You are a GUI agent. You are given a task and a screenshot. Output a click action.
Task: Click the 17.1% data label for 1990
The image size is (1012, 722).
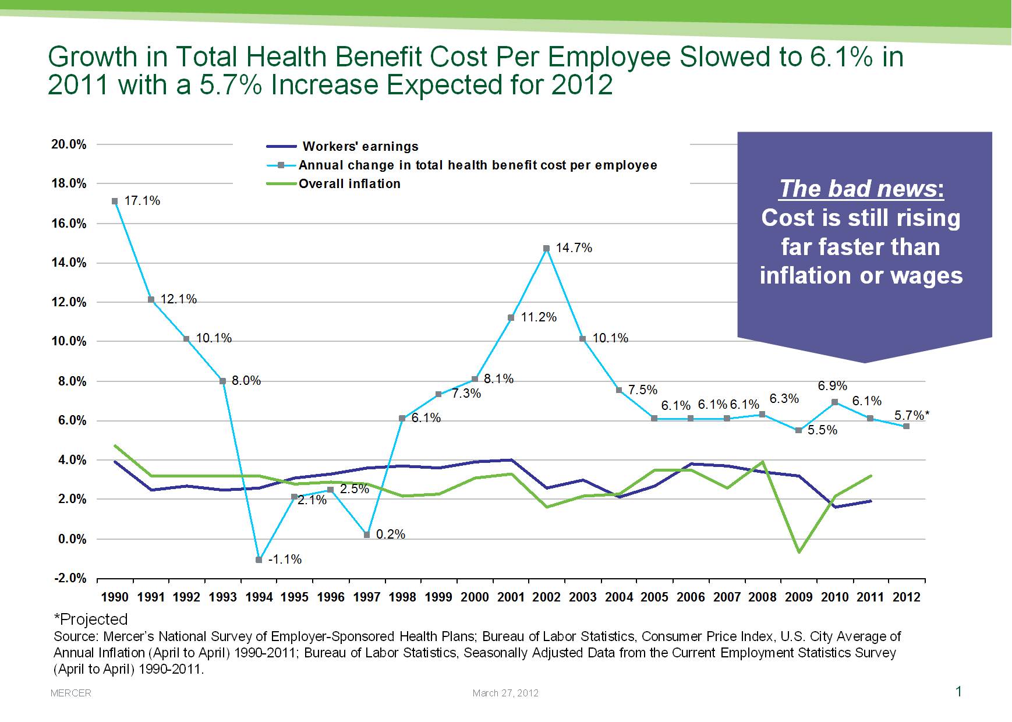click(x=142, y=201)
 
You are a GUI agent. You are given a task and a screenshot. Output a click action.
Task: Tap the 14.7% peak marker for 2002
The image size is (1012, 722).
click(x=546, y=249)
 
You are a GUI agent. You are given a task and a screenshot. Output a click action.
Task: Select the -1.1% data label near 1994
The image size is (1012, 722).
click(x=285, y=560)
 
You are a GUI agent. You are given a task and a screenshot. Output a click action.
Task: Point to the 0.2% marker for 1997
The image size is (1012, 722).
click(x=367, y=535)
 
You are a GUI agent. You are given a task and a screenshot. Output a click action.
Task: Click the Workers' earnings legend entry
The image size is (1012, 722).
click(x=360, y=147)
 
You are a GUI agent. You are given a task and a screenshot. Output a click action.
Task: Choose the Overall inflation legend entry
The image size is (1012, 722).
click(x=349, y=184)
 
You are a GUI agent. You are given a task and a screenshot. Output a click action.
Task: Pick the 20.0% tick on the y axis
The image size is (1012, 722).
click(x=69, y=144)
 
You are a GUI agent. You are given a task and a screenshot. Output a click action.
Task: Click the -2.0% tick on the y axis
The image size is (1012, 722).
click(x=70, y=578)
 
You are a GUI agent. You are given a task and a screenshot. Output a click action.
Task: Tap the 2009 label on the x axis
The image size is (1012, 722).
click(x=798, y=597)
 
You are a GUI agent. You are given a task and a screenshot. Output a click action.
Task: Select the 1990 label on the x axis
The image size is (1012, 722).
click(x=115, y=597)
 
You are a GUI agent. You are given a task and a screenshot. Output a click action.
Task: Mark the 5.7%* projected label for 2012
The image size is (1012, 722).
click(x=911, y=415)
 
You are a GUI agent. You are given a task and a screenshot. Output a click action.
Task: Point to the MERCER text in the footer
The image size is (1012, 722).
click(x=71, y=693)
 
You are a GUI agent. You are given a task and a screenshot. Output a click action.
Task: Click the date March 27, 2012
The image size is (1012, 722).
click(x=505, y=693)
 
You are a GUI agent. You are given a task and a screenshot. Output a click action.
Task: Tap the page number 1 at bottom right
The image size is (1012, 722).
click(x=958, y=691)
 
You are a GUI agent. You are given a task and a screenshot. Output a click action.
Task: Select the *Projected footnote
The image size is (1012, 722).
click(x=90, y=619)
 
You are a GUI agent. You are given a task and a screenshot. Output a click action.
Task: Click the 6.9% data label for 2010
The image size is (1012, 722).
click(x=832, y=386)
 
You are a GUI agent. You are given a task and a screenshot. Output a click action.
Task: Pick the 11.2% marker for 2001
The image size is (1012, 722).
click(x=511, y=318)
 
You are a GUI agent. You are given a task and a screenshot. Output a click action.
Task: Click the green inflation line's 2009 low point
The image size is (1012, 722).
click(x=799, y=551)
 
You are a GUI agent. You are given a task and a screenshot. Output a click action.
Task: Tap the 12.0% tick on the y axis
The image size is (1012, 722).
click(x=69, y=302)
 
